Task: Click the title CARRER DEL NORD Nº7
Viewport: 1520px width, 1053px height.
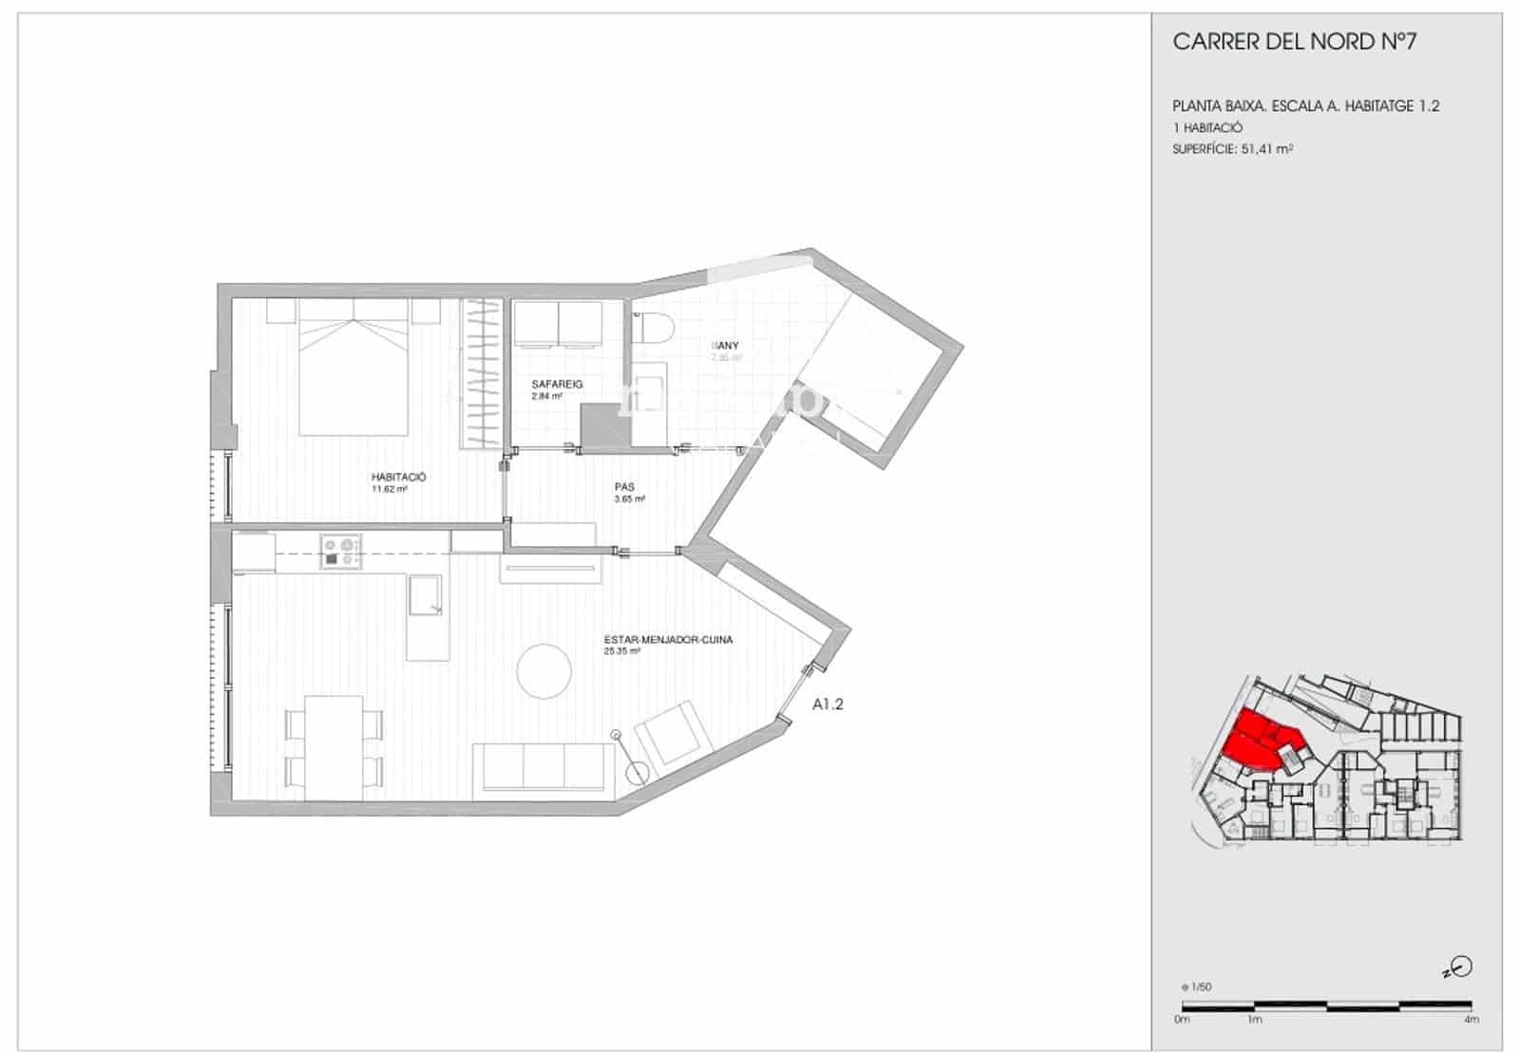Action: [x=1295, y=42]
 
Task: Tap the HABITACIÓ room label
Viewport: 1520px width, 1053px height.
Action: [x=398, y=478]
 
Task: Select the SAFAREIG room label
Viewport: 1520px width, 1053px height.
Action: [x=557, y=385]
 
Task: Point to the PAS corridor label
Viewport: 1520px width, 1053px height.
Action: [x=624, y=487]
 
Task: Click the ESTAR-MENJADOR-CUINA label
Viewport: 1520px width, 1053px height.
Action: [x=668, y=640]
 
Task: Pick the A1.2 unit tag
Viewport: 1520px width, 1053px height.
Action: [x=827, y=705]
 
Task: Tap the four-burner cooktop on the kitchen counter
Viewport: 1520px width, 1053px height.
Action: [x=342, y=552]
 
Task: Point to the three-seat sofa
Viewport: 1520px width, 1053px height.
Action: [x=544, y=766]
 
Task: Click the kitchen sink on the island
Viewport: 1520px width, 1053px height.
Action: [x=426, y=594]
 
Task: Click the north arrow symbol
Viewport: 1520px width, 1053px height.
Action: [x=1461, y=968]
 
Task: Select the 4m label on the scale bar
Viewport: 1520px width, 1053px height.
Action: [x=1471, y=1020]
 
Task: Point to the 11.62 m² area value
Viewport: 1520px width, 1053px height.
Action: [x=389, y=490]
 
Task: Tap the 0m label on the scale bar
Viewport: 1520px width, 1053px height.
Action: [x=1182, y=1020]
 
